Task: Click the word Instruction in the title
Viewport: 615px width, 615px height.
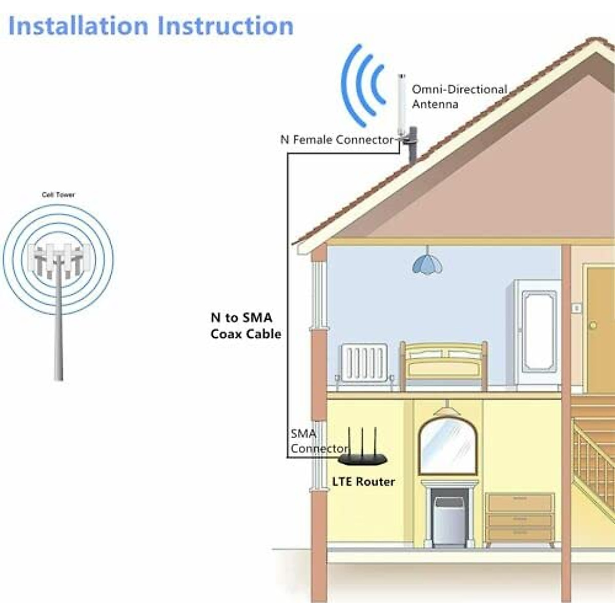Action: [x=225, y=26]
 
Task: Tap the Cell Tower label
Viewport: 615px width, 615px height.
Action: [x=58, y=195]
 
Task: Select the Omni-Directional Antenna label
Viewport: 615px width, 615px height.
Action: [x=459, y=97]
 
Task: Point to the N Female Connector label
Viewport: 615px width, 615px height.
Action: [x=337, y=139]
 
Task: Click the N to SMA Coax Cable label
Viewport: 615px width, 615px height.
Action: [x=246, y=326]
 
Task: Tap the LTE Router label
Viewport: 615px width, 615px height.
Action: [x=363, y=482]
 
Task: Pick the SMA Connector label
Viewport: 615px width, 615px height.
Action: [x=318, y=441]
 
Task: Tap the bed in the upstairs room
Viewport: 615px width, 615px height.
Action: [x=444, y=365]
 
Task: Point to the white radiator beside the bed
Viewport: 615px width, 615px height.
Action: [x=363, y=363]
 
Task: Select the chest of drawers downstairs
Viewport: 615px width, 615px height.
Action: [x=520, y=518]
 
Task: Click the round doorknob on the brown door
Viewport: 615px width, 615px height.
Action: [x=593, y=325]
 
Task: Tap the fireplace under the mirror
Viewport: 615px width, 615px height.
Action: [x=449, y=515]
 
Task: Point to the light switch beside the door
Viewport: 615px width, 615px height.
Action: [x=577, y=307]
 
